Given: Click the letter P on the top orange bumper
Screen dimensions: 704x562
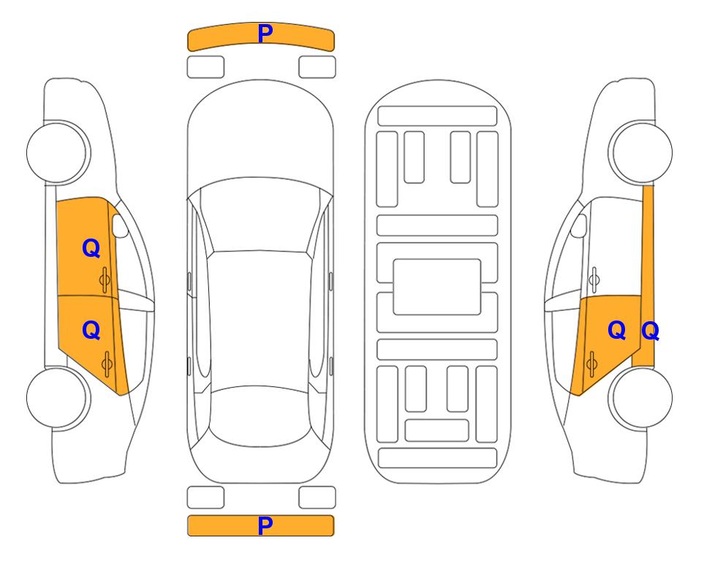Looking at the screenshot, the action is click(x=265, y=34).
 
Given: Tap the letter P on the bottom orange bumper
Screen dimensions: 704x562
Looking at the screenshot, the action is click(x=265, y=525).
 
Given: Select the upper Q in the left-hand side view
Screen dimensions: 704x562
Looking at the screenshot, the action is click(x=91, y=248).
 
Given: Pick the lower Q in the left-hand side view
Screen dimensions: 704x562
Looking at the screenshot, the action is click(x=91, y=331).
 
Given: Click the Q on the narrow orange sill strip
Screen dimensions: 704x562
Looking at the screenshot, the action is click(x=650, y=331).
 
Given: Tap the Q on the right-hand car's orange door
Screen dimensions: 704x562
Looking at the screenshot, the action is click(x=616, y=331).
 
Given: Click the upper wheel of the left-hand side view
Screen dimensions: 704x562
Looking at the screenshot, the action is click(x=57, y=152).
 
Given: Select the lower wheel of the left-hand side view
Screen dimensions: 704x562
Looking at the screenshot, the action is click(x=57, y=397).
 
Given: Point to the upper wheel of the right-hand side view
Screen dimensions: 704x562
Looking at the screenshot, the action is click(x=641, y=152).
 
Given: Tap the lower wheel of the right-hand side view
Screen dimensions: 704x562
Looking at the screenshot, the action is click(x=641, y=397).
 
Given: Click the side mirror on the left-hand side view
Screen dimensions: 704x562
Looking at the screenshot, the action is click(x=119, y=225).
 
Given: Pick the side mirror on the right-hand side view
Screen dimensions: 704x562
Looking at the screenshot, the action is click(x=579, y=225).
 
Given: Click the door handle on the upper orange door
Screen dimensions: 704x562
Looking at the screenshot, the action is click(x=105, y=280).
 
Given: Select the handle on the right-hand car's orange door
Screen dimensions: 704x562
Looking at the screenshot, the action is click(x=591, y=364).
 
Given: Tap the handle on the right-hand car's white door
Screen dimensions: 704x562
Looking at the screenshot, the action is click(x=594, y=280).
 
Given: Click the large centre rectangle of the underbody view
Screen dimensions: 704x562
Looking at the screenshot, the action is click(x=437, y=287).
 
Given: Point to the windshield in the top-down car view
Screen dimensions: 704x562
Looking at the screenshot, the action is click(x=260, y=215).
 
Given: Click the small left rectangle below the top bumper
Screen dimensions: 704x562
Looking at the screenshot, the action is click(x=205, y=67).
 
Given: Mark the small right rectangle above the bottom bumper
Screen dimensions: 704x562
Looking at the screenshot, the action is click(x=317, y=498).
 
